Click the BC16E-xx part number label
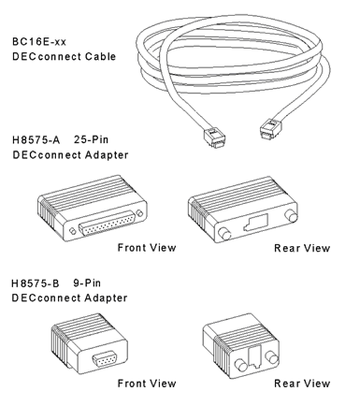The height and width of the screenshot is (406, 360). pos(39,42)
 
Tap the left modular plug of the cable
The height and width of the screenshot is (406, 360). pos(215,138)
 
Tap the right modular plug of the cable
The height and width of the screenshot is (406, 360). pos(270,128)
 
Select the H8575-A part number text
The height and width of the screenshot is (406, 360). pos(36,139)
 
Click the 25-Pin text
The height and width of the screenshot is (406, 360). pos(91,139)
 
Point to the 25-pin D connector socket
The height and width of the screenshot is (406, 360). pos(108,224)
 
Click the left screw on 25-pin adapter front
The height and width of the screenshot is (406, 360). pos(72,231)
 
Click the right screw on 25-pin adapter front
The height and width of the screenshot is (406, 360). pos(140,213)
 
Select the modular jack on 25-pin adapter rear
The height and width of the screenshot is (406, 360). pos(256,223)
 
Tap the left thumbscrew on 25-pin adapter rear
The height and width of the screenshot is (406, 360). pos(223,234)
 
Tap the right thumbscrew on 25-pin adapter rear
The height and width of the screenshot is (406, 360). pos(291,215)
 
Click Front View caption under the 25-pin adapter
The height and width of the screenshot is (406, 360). pos(147,248)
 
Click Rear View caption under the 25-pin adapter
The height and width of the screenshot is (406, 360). pos(302,248)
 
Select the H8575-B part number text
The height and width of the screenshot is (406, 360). pos(36,283)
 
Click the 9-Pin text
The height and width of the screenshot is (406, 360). pos(87,283)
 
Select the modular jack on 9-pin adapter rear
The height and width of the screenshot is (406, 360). pos(255,356)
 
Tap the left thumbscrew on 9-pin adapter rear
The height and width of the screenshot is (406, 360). pos(240,365)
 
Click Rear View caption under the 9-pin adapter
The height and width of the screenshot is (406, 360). pos(302,384)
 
